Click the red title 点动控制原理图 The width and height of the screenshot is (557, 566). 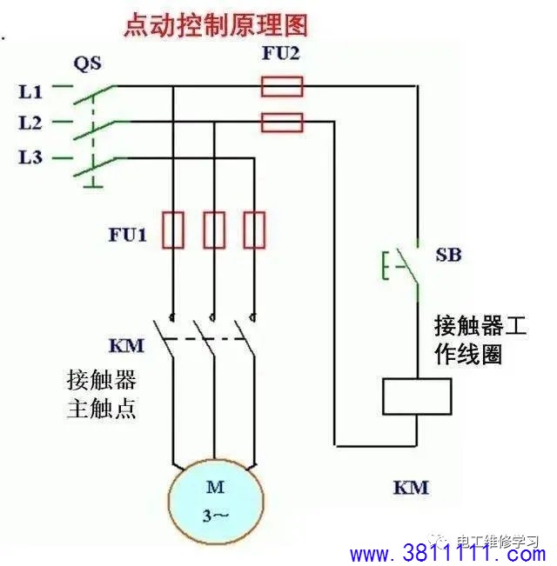(216, 24)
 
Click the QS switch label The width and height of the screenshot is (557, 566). (87, 63)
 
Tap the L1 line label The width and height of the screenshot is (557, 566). (30, 91)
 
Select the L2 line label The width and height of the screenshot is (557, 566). (30, 123)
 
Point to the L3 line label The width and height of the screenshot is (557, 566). (30, 157)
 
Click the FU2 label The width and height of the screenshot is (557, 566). (280, 53)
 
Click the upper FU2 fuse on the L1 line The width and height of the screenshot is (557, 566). (282, 86)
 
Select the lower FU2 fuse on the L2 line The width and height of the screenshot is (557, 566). (282, 123)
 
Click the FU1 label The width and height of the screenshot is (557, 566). (128, 235)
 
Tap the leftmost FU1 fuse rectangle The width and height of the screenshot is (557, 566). (173, 230)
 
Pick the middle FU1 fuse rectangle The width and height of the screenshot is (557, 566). (214, 230)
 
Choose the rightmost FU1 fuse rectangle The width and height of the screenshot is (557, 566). (254, 230)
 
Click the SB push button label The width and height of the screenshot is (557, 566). (448, 255)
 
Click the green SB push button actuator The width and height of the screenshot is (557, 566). (386, 266)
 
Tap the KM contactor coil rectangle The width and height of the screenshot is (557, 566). (417, 396)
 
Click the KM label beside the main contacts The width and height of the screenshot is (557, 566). (126, 345)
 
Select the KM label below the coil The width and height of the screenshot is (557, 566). (411, 487)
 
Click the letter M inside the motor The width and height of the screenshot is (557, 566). (215, 487)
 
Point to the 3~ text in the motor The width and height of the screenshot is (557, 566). (215, 516)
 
